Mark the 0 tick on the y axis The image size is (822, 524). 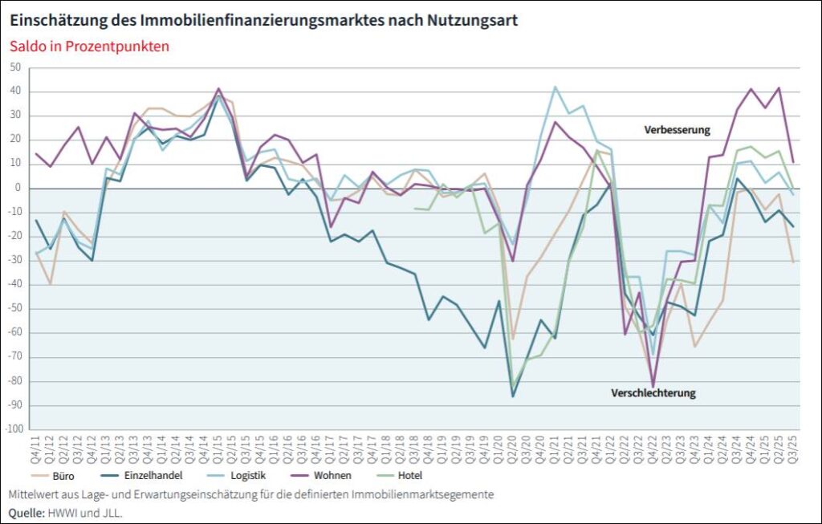17,188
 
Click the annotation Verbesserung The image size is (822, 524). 677,129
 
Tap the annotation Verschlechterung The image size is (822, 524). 653,393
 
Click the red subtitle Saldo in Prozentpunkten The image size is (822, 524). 89,46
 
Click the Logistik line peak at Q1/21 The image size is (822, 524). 555,87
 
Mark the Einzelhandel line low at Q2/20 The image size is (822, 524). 513,396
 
